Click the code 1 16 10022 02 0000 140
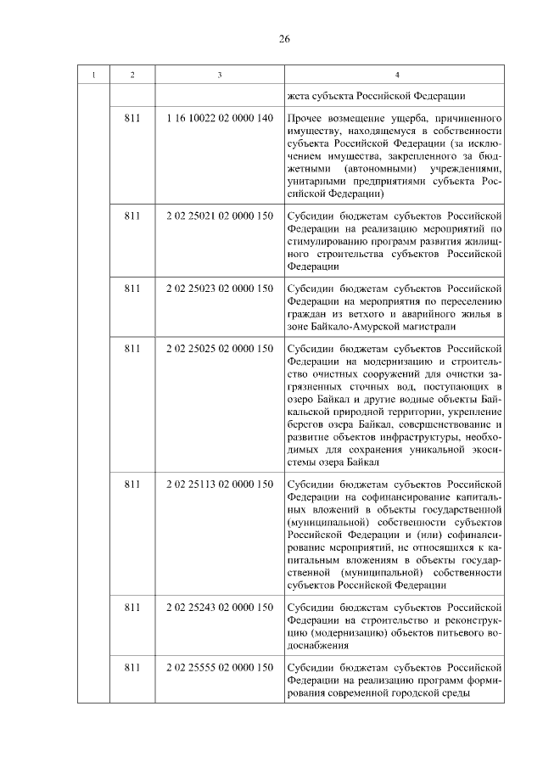(221, 119)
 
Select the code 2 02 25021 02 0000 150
(221, 216)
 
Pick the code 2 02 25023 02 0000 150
(221, 289)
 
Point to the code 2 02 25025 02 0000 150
(221, 349)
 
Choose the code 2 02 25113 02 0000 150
(221, 485)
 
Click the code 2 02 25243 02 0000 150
(221, 608)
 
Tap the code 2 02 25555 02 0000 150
(221, 668)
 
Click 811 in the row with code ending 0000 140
(132, 119)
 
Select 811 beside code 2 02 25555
(132, 668)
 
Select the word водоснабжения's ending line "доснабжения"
(319, 645)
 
